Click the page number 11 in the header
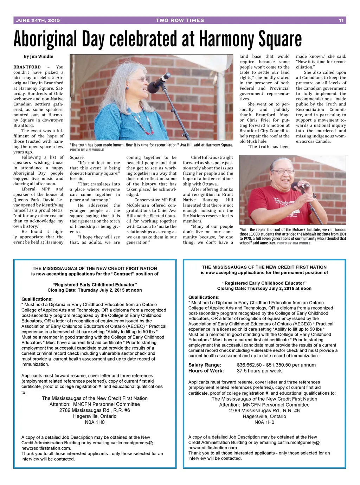tap(341, 20)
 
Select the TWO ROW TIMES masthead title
tap(180, 20)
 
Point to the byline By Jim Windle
tap(38, 56)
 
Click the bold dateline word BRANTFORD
tap(27, 67)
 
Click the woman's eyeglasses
tap(141, 80)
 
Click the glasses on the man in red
tap(283, 172)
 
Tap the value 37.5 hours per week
tap(259, 371)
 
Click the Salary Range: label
tap(205, 365)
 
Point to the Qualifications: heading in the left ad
tap(37, 299)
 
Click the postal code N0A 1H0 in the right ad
tap(264, 422)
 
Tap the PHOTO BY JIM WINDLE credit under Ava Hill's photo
tap(87, 150)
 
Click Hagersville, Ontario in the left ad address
tap(95, 416)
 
